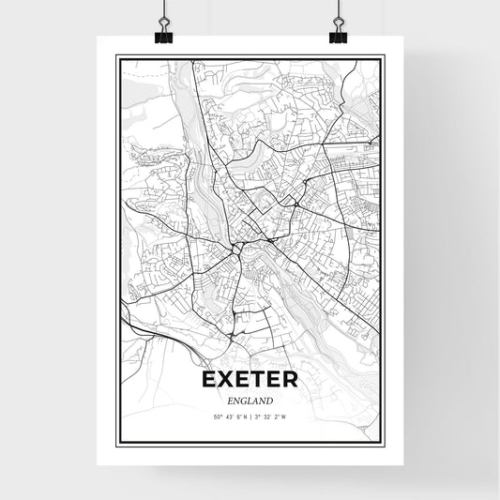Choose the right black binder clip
pyautogui.click(x=338, y=35)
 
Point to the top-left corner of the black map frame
pyautogui.click(x=116, y=56)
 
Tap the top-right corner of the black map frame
pyautogui.click(x=384, y=56)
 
